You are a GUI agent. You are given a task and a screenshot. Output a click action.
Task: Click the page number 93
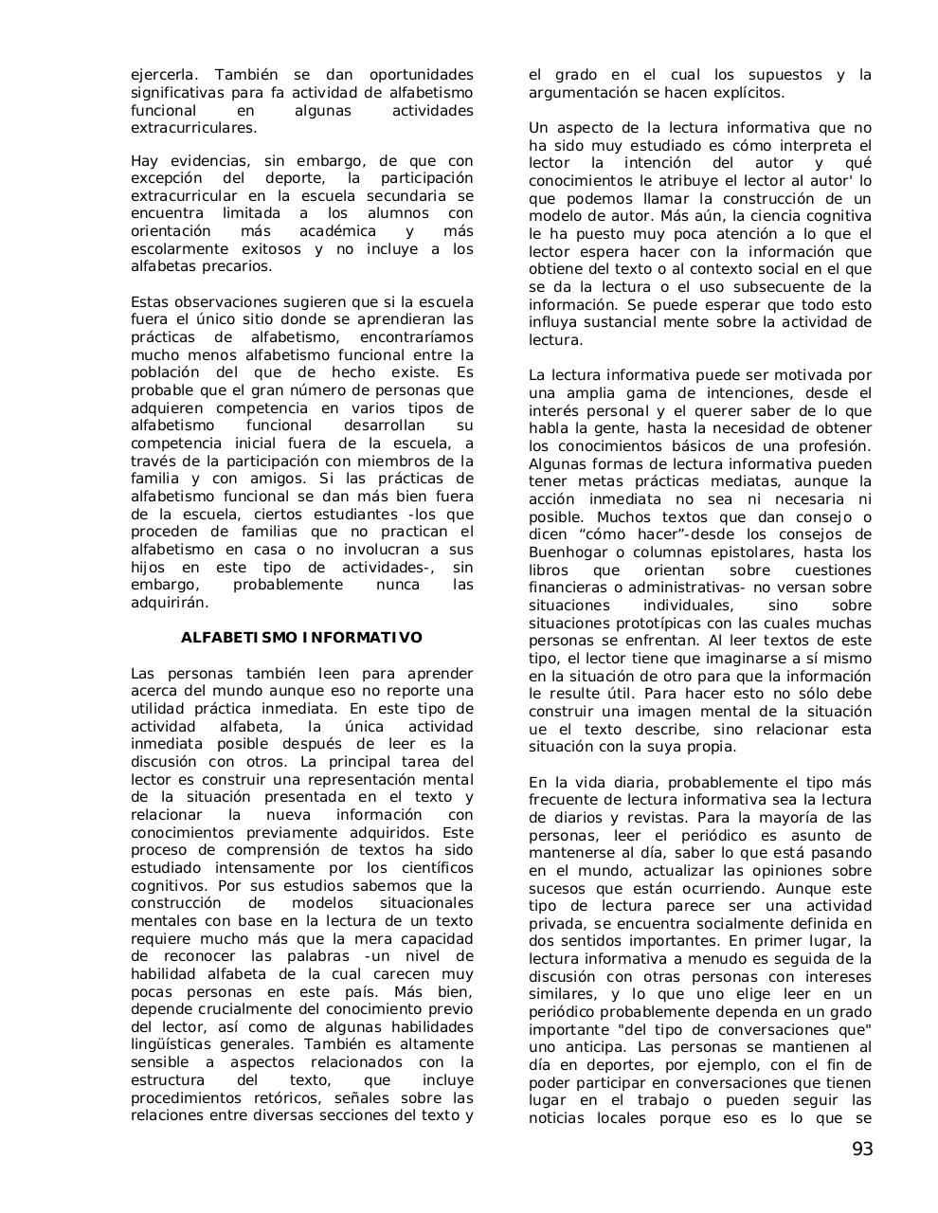pyautogui.click(x=861, y=1150)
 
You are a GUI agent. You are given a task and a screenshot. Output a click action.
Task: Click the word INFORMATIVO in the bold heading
pyautogui.click(x=362, y=638)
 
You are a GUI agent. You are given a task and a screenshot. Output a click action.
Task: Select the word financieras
pyautogui.click(x=569, y=588)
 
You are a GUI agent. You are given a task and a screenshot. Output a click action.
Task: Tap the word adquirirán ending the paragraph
pyautogui.click(x=169, y=602)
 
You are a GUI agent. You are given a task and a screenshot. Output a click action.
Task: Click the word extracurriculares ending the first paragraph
pyautogui.click(x=193, y=127)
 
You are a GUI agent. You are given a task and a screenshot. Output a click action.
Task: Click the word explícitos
pyautogui.click(x=743, y=92)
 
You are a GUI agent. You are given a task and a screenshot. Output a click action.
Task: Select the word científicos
pyautogui.click(x=426, y=868)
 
